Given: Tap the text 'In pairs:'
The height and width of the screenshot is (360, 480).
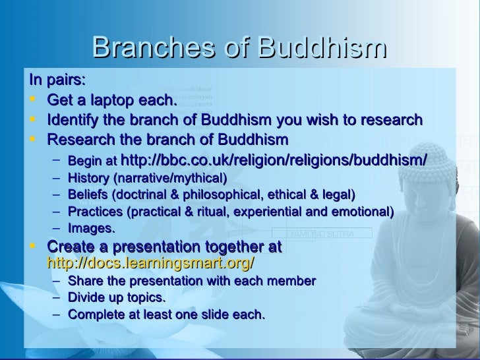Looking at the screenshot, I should [x=57, y=80].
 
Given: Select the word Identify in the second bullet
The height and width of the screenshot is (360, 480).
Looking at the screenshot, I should [x=74, y=121].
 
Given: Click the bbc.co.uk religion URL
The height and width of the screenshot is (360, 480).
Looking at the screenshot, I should [x=274, y=160].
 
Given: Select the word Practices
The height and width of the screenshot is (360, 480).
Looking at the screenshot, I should [x=96, y=212].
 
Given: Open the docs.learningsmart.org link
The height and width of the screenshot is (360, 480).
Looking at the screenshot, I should [x=151, y=262].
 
